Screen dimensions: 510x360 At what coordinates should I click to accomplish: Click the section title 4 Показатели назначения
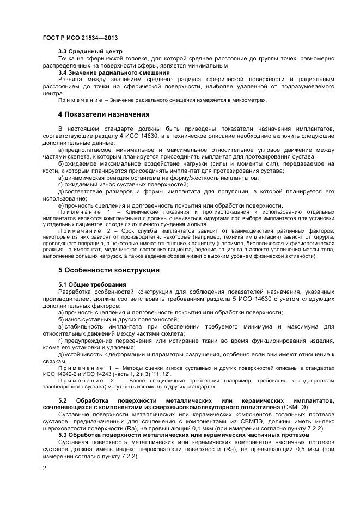(103, 114)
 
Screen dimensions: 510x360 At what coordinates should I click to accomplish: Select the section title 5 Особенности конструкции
(109, 270)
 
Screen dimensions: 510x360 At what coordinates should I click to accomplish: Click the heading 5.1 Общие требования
(92, 284)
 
